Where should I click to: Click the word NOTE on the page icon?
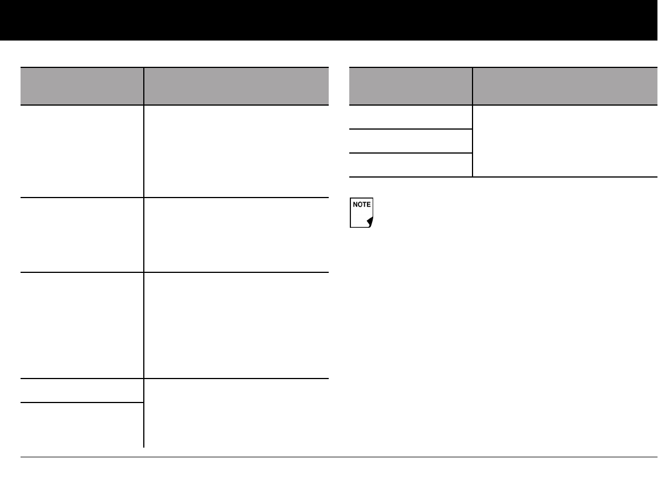pos(361,204)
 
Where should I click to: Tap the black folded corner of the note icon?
pos(370,221)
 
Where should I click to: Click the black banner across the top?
pos(329,20)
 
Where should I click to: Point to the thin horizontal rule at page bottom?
pos(339,457)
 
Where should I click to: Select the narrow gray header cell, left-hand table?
pos(82,86)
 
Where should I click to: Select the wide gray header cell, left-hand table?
pos(236,86)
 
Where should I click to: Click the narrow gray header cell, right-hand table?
pos(410,86)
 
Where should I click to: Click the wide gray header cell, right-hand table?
pos(565,86)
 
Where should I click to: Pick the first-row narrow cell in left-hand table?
pos(82,151)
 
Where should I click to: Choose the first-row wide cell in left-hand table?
pos(236,151)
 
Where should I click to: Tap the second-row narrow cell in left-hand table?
pos(82,235)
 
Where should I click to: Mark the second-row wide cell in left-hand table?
pos(236,235)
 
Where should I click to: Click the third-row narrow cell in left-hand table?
pos(82,325)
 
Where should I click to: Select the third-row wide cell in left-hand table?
pos(236,325)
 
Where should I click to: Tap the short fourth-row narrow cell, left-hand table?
pos(82,391)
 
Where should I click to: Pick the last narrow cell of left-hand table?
pos(82,425)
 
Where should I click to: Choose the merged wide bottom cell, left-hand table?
pos(236,413)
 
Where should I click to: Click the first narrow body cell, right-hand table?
pos(410,117)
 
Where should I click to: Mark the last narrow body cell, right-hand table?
pos(410,165)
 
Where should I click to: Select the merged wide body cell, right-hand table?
pos(565,141)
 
